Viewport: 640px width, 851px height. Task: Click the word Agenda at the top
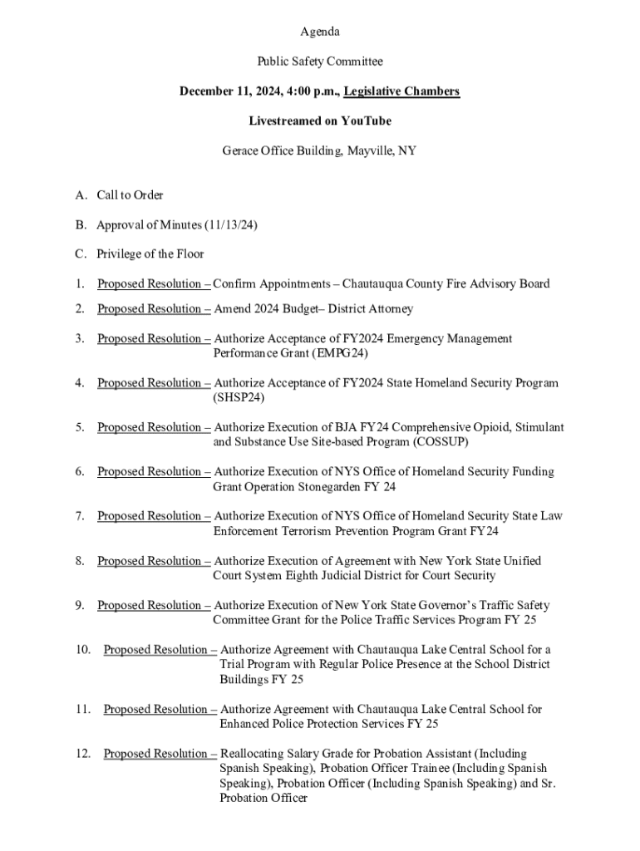click(320, 32)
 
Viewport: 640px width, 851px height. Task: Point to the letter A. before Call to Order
click(81, 195)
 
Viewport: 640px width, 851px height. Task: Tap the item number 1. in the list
click(80, 284)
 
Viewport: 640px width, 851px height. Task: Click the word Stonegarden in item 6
click(324, 487)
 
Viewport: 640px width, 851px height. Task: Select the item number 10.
click(82, 650)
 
